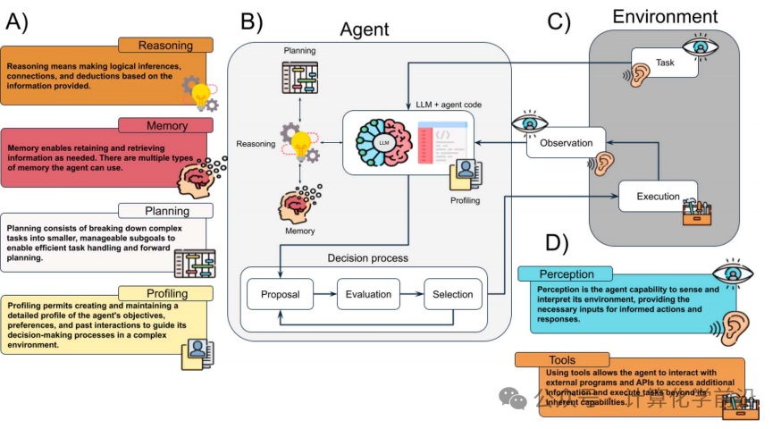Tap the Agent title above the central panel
pyautogui.click(x=364, y=29)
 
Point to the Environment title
pyautogui.click(x=664, y=16)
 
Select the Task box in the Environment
pyautogui.click(x=665, y=64)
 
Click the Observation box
pyautogui.click(x=566, y=143)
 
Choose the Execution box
pyautogui.click(x=658, y=197)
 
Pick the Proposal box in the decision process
pyautogui.click(x=280, y=294)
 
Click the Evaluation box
pyautogui.click(x=368, y=294)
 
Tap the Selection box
pyautogui.click(x=454, y=294)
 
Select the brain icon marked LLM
pyautogui.click(x=383, y=143)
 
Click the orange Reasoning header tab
pyautogui.click(x=165, y=45)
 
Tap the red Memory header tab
pyautogui.click(x=165, y=126)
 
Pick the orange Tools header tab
pyautogui.click(x=562, y=360)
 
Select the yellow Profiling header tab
pyautogui.click(x=165, y=293)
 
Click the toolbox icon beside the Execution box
pyautogui.click(x=697, y=212)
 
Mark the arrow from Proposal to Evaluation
pyautogui.click(x=323, y=294)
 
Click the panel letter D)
pyautogui.click(x=556, y=243)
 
